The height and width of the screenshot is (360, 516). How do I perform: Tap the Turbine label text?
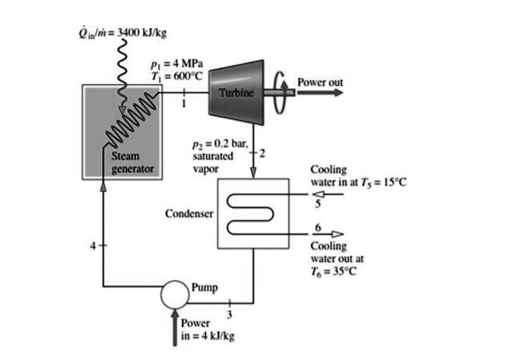236,93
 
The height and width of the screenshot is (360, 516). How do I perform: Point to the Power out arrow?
319,93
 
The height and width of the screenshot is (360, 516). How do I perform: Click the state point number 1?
185,104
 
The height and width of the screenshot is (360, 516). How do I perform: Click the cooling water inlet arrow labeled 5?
325,195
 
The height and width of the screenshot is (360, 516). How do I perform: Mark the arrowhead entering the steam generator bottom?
104,184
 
